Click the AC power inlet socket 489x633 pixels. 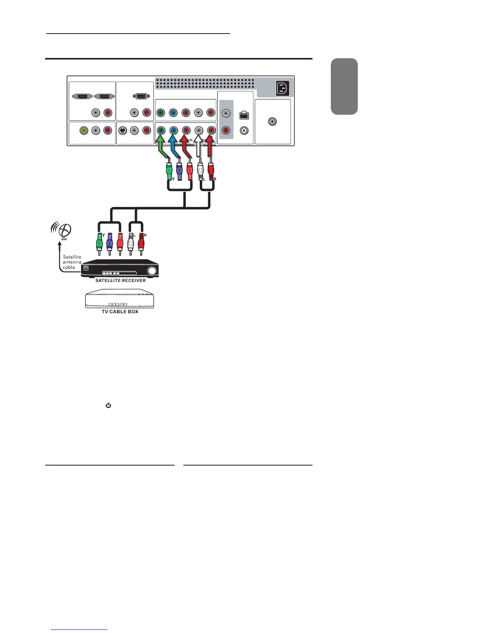pos(282,88)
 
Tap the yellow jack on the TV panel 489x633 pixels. pos(83,130)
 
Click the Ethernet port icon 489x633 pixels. pos(244,115)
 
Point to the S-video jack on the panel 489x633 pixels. pos(123,130)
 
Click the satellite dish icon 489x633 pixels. pos(63,231)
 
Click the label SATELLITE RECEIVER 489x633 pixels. pos(120,281)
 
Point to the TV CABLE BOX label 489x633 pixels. pos(120,312)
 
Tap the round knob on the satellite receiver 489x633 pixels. pos(151,271)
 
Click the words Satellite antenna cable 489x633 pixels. pos(72,262)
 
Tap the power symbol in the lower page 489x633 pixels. pos(108,406)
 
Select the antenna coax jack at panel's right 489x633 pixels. pos(272,121)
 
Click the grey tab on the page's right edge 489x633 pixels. pos(344,86)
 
